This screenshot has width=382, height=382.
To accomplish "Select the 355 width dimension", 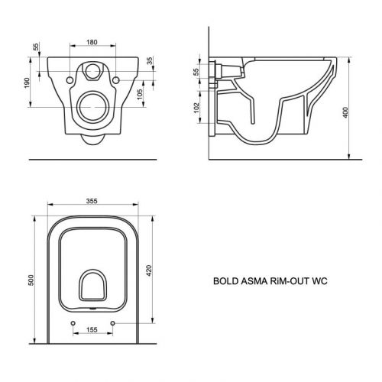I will [95, 202].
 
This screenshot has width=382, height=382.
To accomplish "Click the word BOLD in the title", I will [223, 280].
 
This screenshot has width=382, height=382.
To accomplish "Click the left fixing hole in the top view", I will [73, 324].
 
